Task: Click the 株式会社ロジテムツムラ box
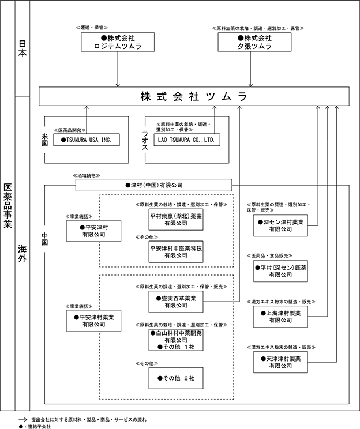(118, 42)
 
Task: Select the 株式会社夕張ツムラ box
(254, 42)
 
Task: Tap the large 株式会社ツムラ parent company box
(194, 96)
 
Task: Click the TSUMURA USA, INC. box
(87, 140)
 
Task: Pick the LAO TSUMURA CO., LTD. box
(187, 140)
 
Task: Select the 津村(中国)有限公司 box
(154, 185)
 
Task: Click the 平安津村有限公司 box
(94, 231)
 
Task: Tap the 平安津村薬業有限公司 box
(94, 321)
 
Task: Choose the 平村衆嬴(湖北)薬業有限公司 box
(176, 220)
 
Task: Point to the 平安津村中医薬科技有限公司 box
(176, 252)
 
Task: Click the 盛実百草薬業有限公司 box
(176, 302)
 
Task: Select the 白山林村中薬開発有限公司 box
(176, 340)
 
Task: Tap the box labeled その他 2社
(176, 378)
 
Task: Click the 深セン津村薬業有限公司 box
(280, 225)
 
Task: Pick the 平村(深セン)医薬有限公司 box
(280, 271)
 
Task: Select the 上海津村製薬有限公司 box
(280, 317)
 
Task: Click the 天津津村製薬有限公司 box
(280, 362)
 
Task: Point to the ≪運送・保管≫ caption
(92, 28)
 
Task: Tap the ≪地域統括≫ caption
(87, 176)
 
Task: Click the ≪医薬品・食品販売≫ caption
(269, 255)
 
